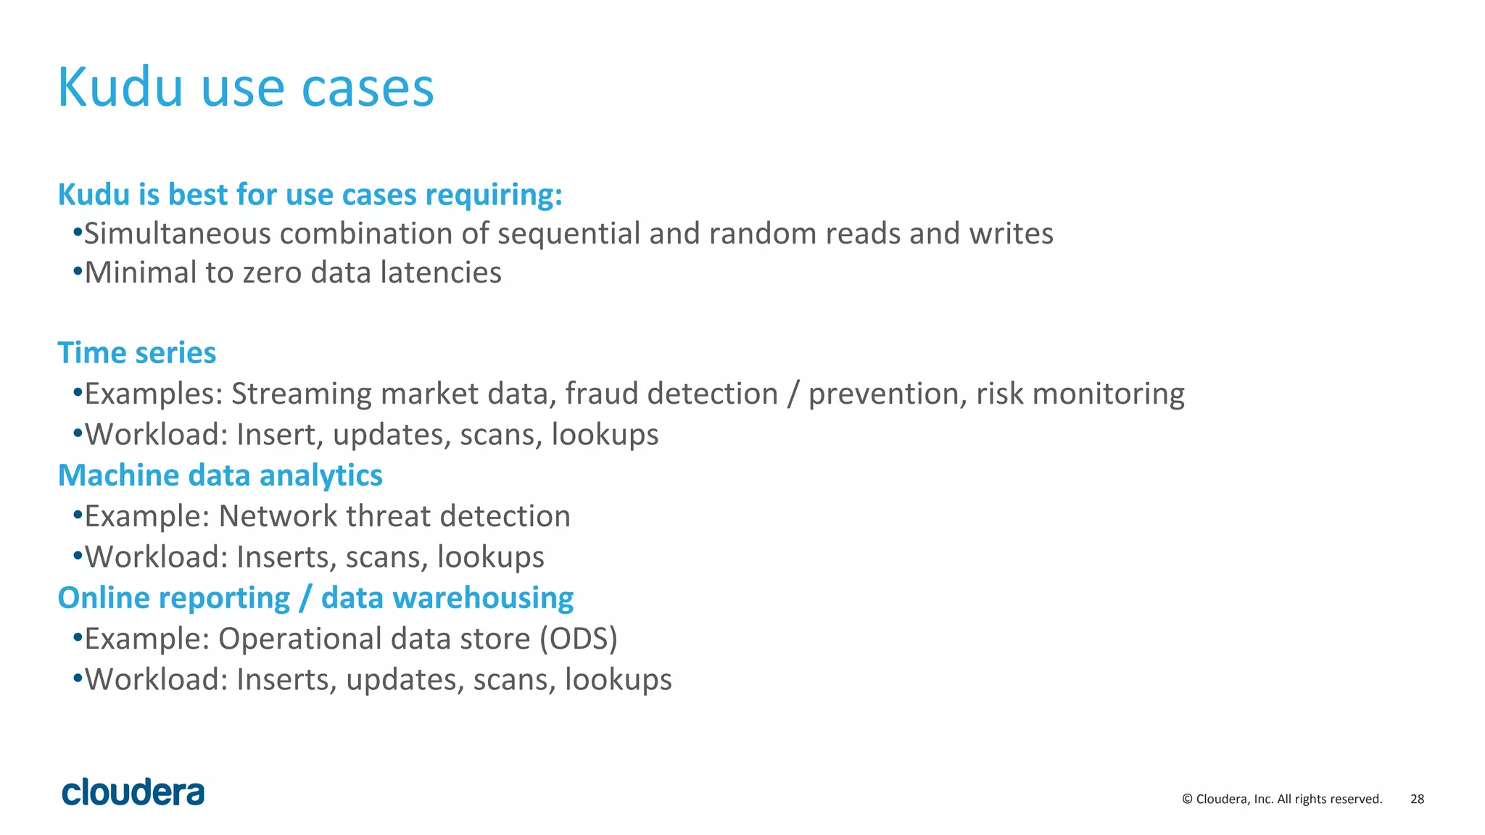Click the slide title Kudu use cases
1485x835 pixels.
[x=245, y=87]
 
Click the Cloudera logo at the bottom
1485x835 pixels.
[x=133, y=792]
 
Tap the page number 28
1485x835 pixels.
[x=1417, y=799]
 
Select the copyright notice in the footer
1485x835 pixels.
[x=1281, y=799]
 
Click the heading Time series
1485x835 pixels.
[x=136, y=353]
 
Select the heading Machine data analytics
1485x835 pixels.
[x=220, y=475]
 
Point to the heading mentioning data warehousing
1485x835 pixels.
[x=315, y=598]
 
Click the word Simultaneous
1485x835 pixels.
[x=178, y=233]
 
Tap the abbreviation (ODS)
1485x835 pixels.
[x=578, y=639]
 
